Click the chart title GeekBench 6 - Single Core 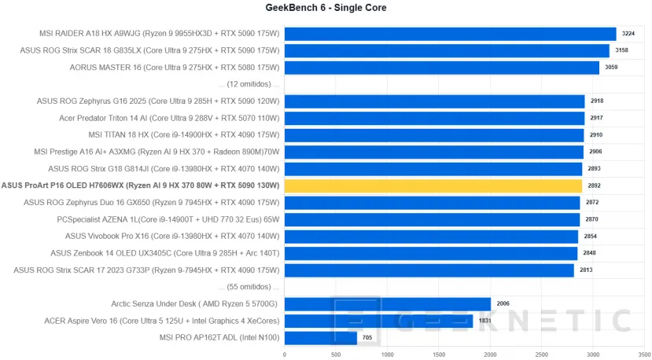pos(326,8)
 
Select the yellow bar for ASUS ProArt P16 pos(433,186)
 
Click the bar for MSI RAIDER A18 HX pos(450,34)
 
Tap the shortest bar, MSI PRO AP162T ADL pos(320,338)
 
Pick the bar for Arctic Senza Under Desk pos(387,304)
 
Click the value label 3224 pos(628,34)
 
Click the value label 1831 pos(484,321)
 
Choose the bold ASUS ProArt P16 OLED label pos(141,186)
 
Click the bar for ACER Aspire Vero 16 pos(378,321)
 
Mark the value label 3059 pos(611,68)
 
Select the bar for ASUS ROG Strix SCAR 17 pos(429,270)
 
